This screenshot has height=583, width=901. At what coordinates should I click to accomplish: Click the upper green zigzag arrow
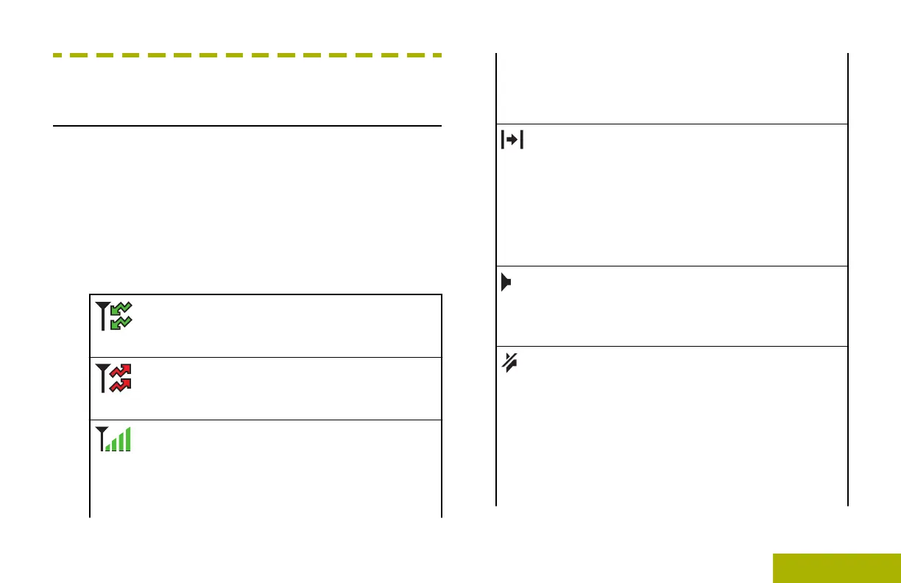[120, 308]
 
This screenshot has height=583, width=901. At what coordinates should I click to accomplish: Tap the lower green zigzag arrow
[120, 322]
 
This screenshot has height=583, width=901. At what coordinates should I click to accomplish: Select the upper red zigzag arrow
[120, 371]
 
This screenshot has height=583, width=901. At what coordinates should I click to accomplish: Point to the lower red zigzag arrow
[120, 384]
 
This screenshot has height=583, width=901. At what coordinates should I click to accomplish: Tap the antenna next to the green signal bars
[101, 439]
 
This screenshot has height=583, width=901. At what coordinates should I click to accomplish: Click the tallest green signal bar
[128, 439]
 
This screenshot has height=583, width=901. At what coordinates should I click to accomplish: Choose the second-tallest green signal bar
[121, 442]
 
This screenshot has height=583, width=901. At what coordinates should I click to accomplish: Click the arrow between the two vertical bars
[512, 141]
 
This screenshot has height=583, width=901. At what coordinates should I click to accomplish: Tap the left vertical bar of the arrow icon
[502, 141]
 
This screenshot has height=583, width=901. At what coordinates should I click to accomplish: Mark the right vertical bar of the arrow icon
[521, 141]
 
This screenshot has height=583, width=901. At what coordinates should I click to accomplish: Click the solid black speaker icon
[506, 283]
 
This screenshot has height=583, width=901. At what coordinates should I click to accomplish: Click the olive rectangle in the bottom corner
[837, 568]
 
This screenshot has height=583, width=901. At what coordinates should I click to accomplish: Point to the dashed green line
[247, 55]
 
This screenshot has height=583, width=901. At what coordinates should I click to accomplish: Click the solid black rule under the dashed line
[247, 125]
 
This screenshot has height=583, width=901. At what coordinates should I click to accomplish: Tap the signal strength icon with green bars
[114, 440]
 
